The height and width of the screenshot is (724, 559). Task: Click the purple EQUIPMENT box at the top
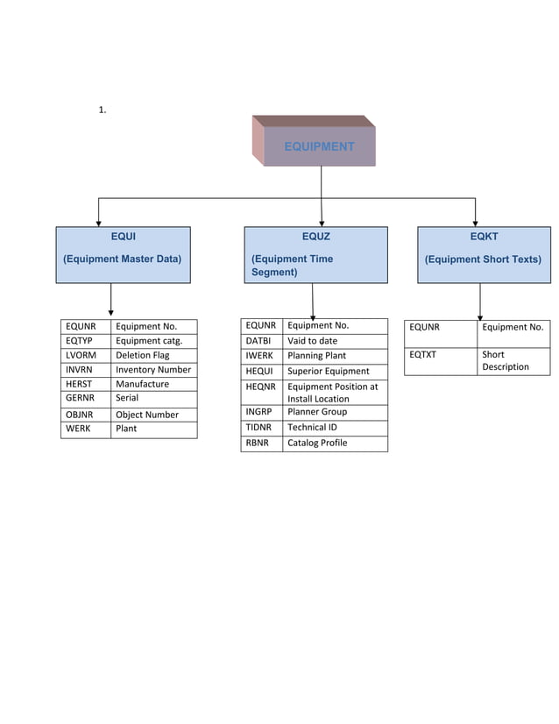coord(319,146)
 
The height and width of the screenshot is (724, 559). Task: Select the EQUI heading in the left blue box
coord(123,236)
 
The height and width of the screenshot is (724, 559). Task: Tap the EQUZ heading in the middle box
coord(315,236)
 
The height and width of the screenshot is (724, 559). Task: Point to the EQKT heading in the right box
coord(484,236)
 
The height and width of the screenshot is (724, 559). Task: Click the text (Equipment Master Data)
coord(122,259)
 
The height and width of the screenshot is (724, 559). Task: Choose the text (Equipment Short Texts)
coord(483,259)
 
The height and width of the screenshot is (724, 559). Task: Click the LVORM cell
coord(86,355)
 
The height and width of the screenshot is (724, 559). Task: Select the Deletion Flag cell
coord(153,355)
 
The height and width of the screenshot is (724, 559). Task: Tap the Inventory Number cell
coord(153,370)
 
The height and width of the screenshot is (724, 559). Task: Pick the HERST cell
coord(86,384)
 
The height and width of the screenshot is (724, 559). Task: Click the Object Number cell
coord(153,415)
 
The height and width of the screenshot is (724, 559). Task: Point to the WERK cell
coord(86,429)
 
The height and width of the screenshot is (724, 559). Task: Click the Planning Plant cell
coord(335,356)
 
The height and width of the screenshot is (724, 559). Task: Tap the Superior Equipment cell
coord(335,371)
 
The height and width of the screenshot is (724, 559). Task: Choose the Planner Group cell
coord(335,411)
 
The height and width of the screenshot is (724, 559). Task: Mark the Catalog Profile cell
coord(335,443)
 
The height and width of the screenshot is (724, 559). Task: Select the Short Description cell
coord(513,360)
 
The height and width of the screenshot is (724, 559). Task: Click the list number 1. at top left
coord(103,110)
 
